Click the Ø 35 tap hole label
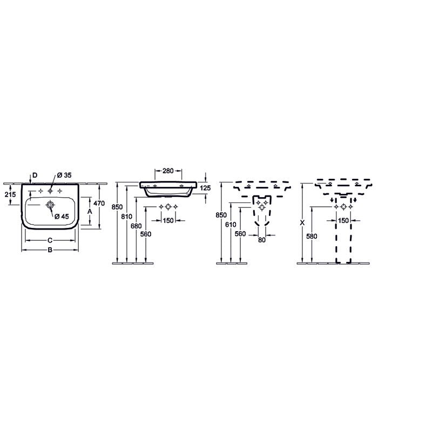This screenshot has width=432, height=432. tap(64, 175)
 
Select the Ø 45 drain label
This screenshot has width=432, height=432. tap(62, 217)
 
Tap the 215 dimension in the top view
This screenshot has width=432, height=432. tap(10, 194)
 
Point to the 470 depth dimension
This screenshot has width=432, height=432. tap(99, 204)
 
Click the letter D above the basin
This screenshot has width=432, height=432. tap(35, 175)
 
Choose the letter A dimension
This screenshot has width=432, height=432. tap(90, 212)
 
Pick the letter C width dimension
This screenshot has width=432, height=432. tap(50, 240)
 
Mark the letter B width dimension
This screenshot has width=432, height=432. tap(50, 250)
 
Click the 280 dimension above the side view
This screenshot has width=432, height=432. tap(168, 171)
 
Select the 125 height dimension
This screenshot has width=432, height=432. tap(205, 188)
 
